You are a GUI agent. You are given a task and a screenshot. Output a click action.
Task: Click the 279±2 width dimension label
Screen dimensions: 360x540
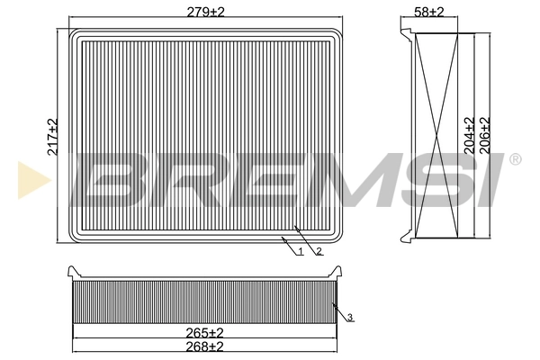click(x=207, y=12)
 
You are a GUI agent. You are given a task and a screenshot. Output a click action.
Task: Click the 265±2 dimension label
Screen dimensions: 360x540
click(x=205, y=332)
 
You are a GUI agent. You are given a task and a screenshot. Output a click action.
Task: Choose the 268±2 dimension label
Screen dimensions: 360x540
click(x=205, y=346)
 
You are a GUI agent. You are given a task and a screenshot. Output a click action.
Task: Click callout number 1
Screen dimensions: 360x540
click(x=300, y=250)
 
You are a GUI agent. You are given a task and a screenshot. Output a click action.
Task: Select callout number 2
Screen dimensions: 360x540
click(x=319, y=250)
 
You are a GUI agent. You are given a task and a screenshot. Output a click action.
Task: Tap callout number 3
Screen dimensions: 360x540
click(x=349, y=316)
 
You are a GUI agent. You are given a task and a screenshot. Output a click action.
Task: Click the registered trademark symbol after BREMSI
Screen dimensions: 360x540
click(x=515, y=160)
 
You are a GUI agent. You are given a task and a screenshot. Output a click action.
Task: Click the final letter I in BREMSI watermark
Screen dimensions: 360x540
click(x=492, y=182)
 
